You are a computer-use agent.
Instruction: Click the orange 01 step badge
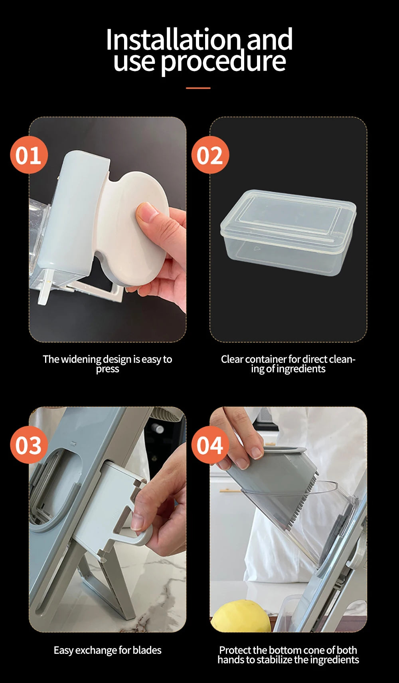pyautogui.click(x=29, y=155)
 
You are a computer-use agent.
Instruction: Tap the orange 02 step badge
pyautogui.click(x=210, y=155)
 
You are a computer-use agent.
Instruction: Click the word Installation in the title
pyautogui.click(x=173, y=40)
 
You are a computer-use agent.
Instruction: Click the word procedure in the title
pyautogui.click(x=223, y=62)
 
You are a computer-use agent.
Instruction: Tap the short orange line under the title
pyautogui.click(x=198, y=88)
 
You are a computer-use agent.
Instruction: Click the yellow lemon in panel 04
pyautogui.click(x=239, y=617)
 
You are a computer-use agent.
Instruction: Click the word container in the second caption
pyautogui.click(x=266, y=359)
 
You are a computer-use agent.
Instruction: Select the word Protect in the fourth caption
pyautogui.click(x=235, y=650)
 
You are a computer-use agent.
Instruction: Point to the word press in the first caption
pyautogui.click(x=107, y=369)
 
